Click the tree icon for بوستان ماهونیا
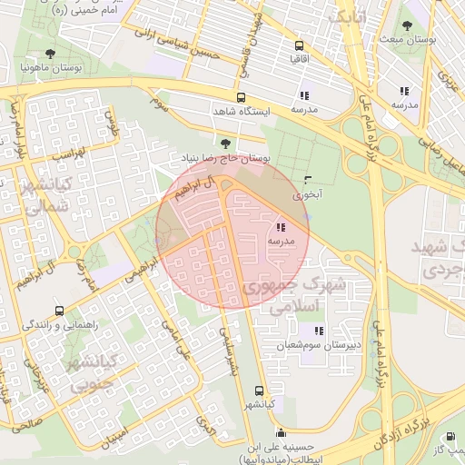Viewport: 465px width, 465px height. tap(61, 54)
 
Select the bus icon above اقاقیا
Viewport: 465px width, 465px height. tap(298, 45)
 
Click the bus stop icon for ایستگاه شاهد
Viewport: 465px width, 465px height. tap(241, 97)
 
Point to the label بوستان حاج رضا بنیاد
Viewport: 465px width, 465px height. tap(225, 158)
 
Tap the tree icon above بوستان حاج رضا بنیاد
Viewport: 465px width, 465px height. tap(225, 143)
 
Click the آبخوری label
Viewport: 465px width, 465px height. tap(307, 194)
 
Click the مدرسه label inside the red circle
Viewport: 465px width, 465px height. tap(280, 242)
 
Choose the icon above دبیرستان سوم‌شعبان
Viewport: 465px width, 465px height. tap(317, 331)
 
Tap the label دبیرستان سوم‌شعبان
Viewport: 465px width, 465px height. tap(317, 346)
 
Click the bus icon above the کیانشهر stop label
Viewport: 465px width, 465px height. tap(260, 390)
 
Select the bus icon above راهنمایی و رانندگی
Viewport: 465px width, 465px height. tap(59, 311)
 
